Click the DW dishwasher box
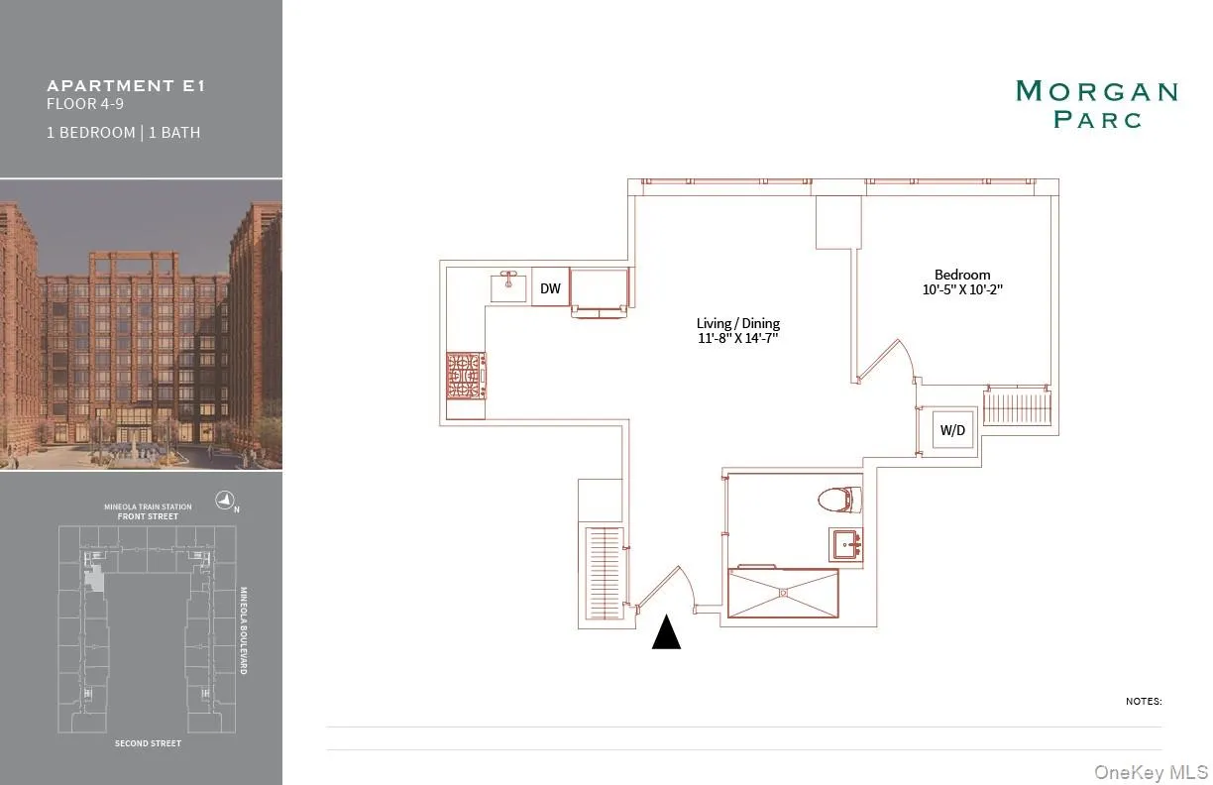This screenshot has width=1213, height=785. click(x=550, y=288)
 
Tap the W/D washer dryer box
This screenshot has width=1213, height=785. click(x=952, y=430)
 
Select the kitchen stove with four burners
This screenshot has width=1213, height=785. click(x=466, y=377)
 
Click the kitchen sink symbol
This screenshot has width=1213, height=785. click(x=511, y=286)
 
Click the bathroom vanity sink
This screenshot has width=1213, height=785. click(x=846, y=543)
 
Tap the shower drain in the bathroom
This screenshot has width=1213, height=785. click(x=784, y=593)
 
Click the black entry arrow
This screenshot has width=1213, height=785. click(x=666, y=631)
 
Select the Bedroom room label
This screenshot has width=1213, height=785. click(x=962, y=275)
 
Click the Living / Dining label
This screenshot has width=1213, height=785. click(x=737, y=323)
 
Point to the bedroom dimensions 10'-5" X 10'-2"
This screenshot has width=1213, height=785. click(x=962, y=290)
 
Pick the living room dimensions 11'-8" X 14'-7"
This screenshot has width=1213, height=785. click(x=737, y=339)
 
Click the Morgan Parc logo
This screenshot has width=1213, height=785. click(x=1097, y=104)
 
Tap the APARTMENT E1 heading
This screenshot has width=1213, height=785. click(x=126, y=85)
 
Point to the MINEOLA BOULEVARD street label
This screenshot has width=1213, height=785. click(x=244, y=630)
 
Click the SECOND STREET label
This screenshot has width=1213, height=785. click(x=148, y=743)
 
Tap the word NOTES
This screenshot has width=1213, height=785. click(x=1144, y=701)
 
